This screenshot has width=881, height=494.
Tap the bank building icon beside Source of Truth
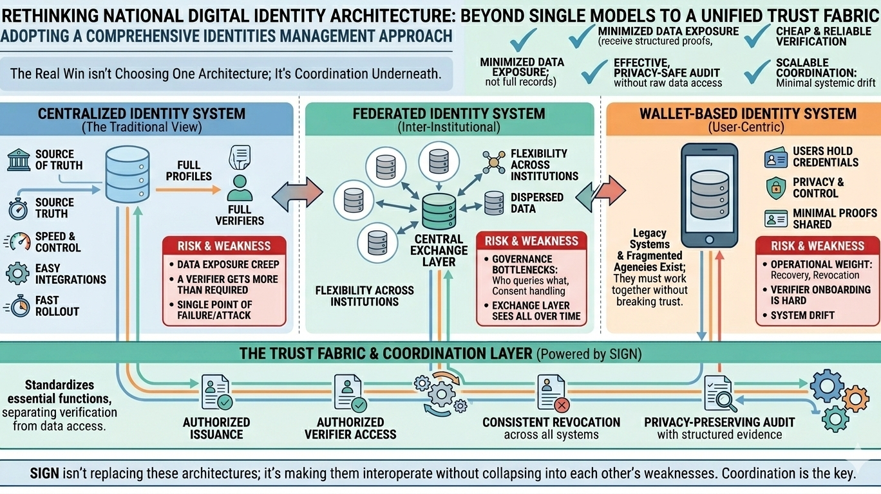point(19,160)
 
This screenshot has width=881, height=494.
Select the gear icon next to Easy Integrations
point(17,273)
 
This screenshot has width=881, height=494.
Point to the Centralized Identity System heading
point(142,114)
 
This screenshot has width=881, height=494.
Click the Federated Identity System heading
point(449,114)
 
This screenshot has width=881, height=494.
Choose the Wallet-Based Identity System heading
point(748,114)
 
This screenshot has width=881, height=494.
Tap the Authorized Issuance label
point(216,428)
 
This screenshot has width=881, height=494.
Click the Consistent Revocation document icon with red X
point(551,392)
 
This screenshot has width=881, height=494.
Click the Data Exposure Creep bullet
point(228,264)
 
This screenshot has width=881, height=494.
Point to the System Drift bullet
point(802,315)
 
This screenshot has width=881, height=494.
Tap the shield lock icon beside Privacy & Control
point(776,188)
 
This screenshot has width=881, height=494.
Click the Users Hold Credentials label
point(825,156)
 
